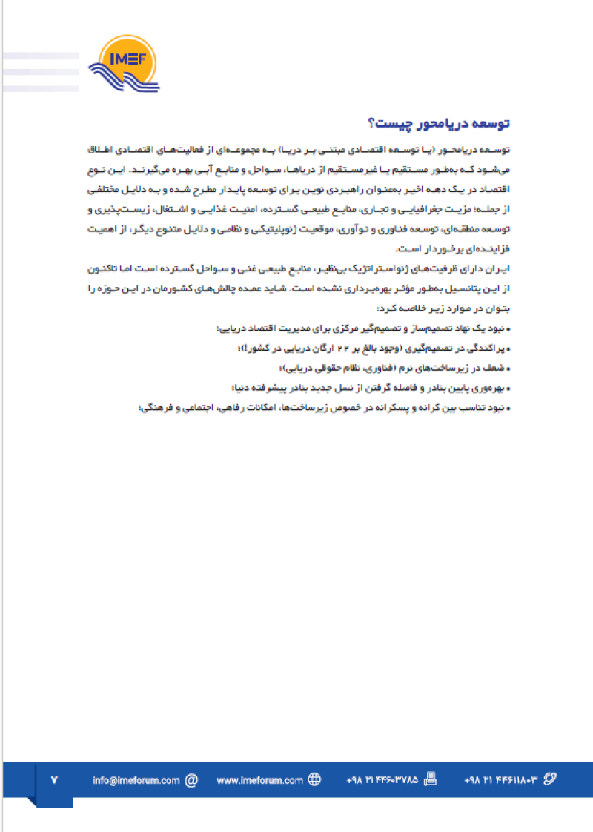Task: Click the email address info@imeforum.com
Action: (x=136, y=780)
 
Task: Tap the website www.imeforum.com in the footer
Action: (x=260, y=780)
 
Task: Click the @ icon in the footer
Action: (x=191, y=780)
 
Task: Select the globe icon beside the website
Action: (x=314, y=780)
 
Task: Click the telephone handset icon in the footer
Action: (x=549, y=780)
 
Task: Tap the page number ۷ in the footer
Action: (x=55, y=780)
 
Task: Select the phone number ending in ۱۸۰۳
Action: (x=500, y=780)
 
